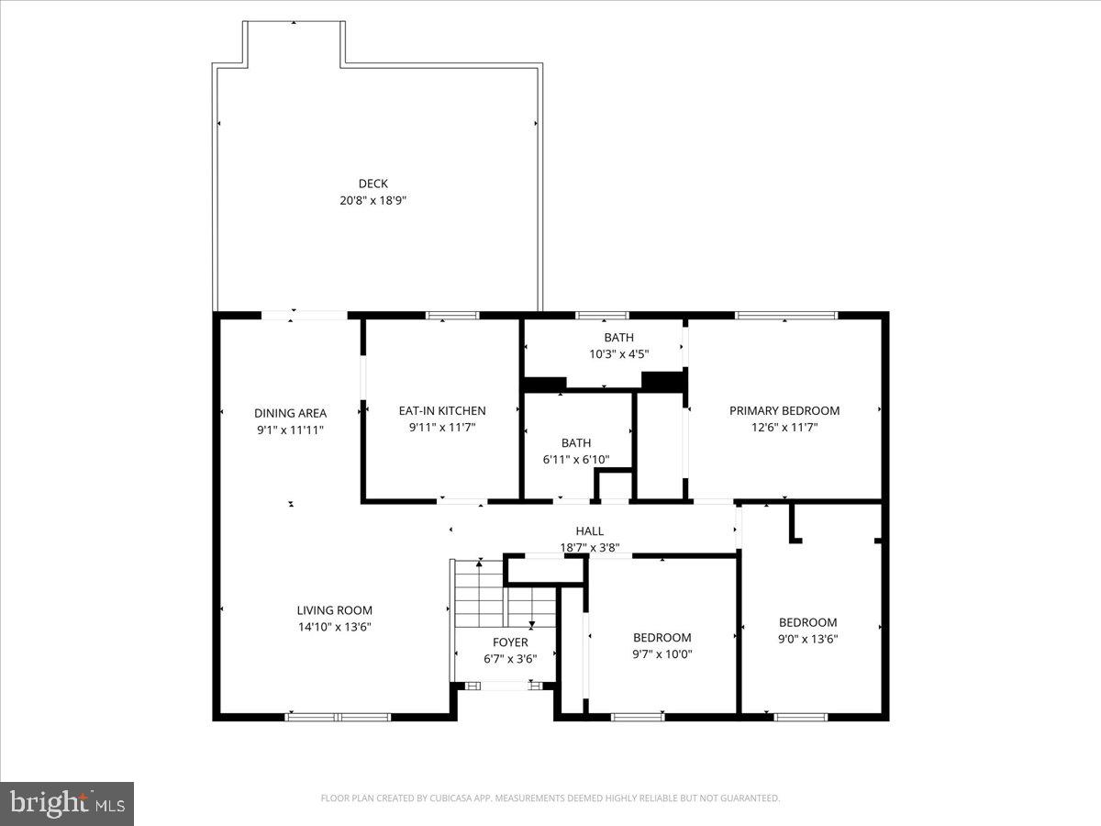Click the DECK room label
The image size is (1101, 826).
pos(373,184)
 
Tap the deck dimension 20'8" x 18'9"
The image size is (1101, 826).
pos(373,199)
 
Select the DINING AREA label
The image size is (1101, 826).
pos(290,413)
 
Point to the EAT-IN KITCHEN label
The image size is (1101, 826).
pos(442,410)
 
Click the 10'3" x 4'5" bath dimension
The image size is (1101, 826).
pos(618,353)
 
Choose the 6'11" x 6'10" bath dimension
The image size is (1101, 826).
pos(576,460)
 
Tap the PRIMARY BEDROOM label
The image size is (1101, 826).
pos(784,410)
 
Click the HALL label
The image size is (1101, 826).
pos(590,531)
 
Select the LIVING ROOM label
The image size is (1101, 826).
pos(335,610)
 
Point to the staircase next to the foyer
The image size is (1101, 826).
pos(479,591)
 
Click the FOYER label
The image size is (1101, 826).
pos(510,642)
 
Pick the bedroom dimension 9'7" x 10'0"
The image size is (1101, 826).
pos(662,654)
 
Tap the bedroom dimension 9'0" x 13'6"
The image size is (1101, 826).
pos(808,639)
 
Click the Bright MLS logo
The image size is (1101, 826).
pos(67,803)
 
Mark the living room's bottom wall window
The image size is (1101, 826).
pos(339,717)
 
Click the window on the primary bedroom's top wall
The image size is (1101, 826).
pos(786,316)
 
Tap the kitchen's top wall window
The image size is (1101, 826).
pos(452,316)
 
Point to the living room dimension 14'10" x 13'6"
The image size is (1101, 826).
pos(335,627)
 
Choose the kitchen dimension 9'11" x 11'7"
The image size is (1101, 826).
pos(442,427)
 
